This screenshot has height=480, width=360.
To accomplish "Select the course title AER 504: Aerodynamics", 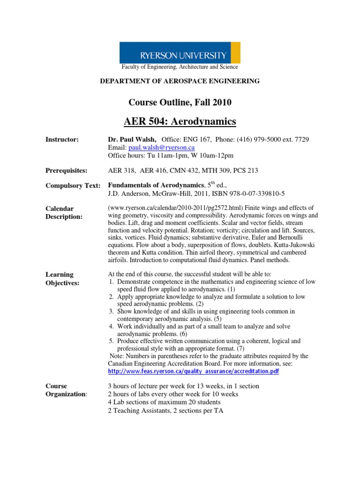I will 180,122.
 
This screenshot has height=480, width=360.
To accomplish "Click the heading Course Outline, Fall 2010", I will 180,102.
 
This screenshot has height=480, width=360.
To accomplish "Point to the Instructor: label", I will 62,140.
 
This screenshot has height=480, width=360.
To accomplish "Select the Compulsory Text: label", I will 73,186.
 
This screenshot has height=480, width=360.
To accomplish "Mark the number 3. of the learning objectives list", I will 111,311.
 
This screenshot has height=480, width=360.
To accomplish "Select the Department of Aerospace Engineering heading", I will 180,81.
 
